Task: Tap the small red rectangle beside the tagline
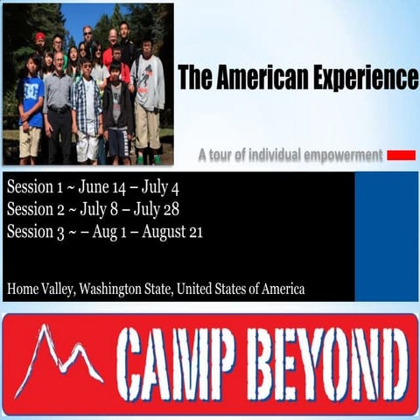(x=402, y=156)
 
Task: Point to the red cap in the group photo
(x=39, y=37)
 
